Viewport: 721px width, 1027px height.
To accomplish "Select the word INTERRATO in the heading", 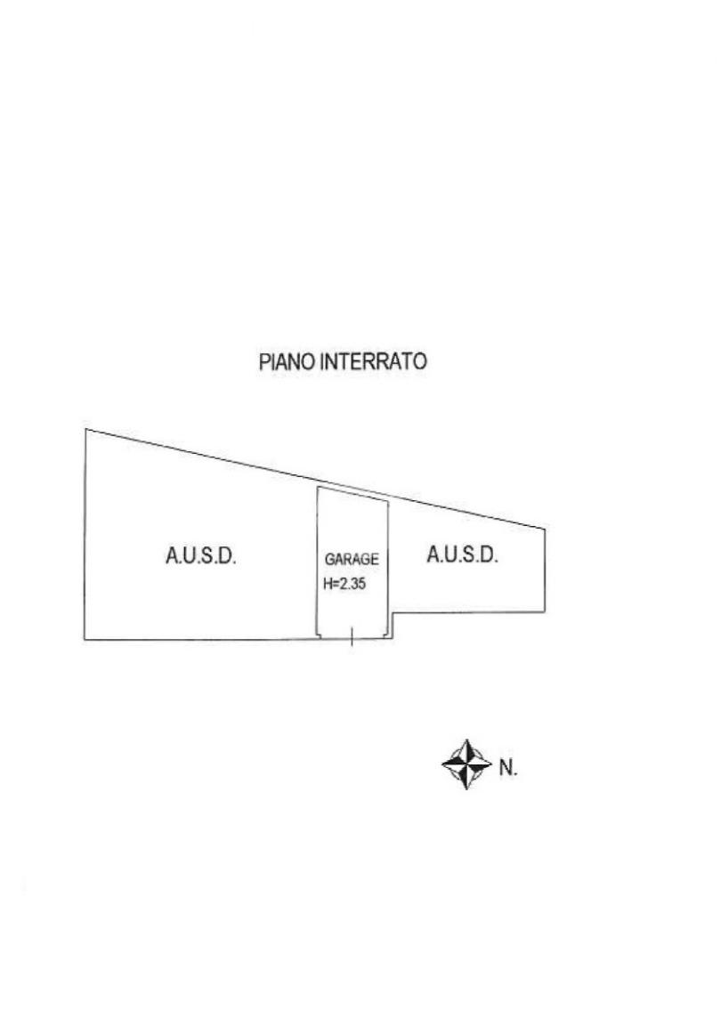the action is (x=373, y=363).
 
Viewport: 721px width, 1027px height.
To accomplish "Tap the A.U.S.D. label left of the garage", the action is (x=200, y=557).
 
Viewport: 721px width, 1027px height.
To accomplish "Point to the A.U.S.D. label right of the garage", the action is (x=462, y=555).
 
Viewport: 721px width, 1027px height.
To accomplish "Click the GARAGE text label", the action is (x=352, y=560).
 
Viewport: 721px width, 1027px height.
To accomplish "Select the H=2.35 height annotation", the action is (x=344, y=586).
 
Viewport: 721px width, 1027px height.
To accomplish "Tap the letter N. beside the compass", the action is (x=507, y=766).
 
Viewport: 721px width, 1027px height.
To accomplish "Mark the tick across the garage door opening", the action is (x=352, y=636).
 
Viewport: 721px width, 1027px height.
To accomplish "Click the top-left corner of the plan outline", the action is (x=85, y=430).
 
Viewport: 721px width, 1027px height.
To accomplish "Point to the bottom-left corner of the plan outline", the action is (x=85, y=640).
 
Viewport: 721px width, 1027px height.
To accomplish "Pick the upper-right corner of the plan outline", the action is (x=545, y=531).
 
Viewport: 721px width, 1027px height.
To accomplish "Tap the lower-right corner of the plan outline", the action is (x=545, y=612).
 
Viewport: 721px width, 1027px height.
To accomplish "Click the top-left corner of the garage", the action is (x=320, y=488).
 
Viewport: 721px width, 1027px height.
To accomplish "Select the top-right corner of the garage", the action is (x=387, y=498).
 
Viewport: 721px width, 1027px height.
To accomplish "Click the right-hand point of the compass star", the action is (x=491, y=764).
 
